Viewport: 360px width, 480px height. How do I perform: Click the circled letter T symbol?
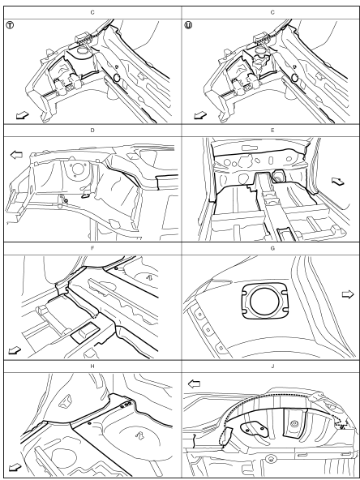(10, 25)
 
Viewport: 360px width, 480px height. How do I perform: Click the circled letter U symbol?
(188, 25)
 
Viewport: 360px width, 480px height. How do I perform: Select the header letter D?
(92, 130)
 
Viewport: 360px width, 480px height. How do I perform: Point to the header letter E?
(272, 130)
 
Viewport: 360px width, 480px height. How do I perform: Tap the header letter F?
(92, 248)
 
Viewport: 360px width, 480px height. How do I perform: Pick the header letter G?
(272, 248)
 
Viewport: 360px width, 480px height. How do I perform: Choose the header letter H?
(92, 366)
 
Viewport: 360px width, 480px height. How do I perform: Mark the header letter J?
(272, 366)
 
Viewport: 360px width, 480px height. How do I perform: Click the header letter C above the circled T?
(92, 12)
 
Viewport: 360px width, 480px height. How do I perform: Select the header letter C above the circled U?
(272, 12)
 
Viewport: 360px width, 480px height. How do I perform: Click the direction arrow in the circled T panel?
(23, 115)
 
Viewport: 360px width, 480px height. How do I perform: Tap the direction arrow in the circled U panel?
(200, 115)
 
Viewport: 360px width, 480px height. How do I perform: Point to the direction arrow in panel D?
(16, 155)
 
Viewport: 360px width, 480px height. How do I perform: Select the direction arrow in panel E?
(338, 182)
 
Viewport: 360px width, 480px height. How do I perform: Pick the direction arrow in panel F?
(15, 350)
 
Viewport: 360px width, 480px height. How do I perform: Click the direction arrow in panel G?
(348, 294)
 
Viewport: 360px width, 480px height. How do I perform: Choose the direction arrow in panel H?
(15, 468)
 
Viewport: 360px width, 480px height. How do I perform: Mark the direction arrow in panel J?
(194, 384)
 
